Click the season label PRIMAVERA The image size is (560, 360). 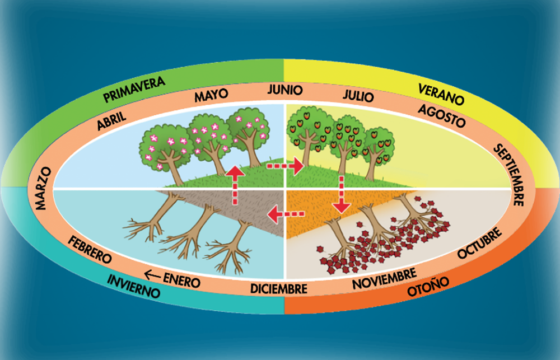(134, 89)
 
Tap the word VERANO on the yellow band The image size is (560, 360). (441, 94)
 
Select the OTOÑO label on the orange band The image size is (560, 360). (428, 286)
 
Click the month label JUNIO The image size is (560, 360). (285, 89)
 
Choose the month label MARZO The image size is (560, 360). (43, 188)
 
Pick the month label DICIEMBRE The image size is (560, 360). (278, 288)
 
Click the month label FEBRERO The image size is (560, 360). (90, 249)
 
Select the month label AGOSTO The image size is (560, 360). (441, 116)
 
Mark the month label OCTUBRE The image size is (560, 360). (480, 243)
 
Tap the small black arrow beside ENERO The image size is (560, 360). (152, 275)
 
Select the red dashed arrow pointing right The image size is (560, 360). (285, 166)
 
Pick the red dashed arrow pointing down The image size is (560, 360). (342, 194)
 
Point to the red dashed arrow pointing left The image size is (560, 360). (286, 214)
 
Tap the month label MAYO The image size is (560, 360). (211, 95)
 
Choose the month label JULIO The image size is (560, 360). (358, 95)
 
